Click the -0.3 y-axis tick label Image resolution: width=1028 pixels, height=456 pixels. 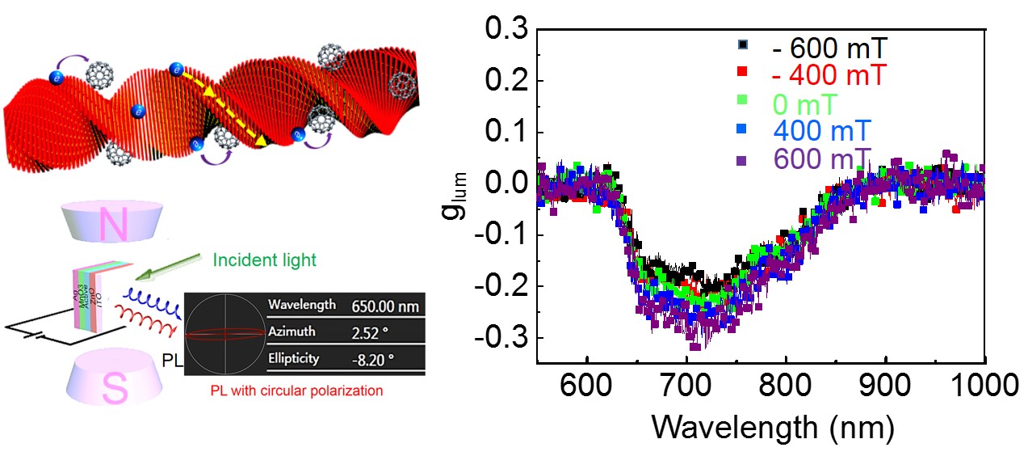coord(500,337)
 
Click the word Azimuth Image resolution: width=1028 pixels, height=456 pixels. coord(292,332)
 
